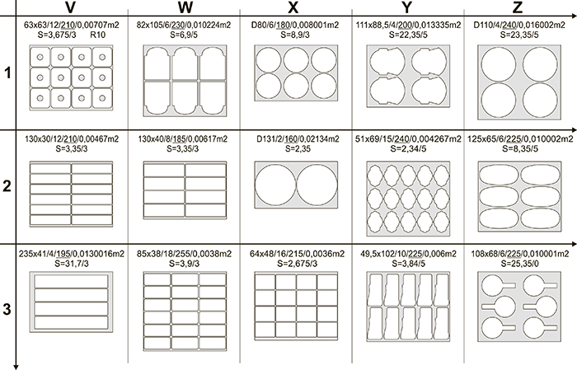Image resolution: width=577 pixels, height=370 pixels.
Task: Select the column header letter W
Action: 185,9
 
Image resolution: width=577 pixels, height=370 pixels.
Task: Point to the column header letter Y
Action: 409,9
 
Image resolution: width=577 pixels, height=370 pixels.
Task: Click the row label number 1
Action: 7,74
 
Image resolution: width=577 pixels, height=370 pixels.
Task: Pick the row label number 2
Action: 7,185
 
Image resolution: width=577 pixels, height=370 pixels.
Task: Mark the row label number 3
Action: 7,310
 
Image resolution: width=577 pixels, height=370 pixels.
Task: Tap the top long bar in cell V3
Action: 70,282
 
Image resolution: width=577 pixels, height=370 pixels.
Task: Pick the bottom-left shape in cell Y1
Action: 387,90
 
